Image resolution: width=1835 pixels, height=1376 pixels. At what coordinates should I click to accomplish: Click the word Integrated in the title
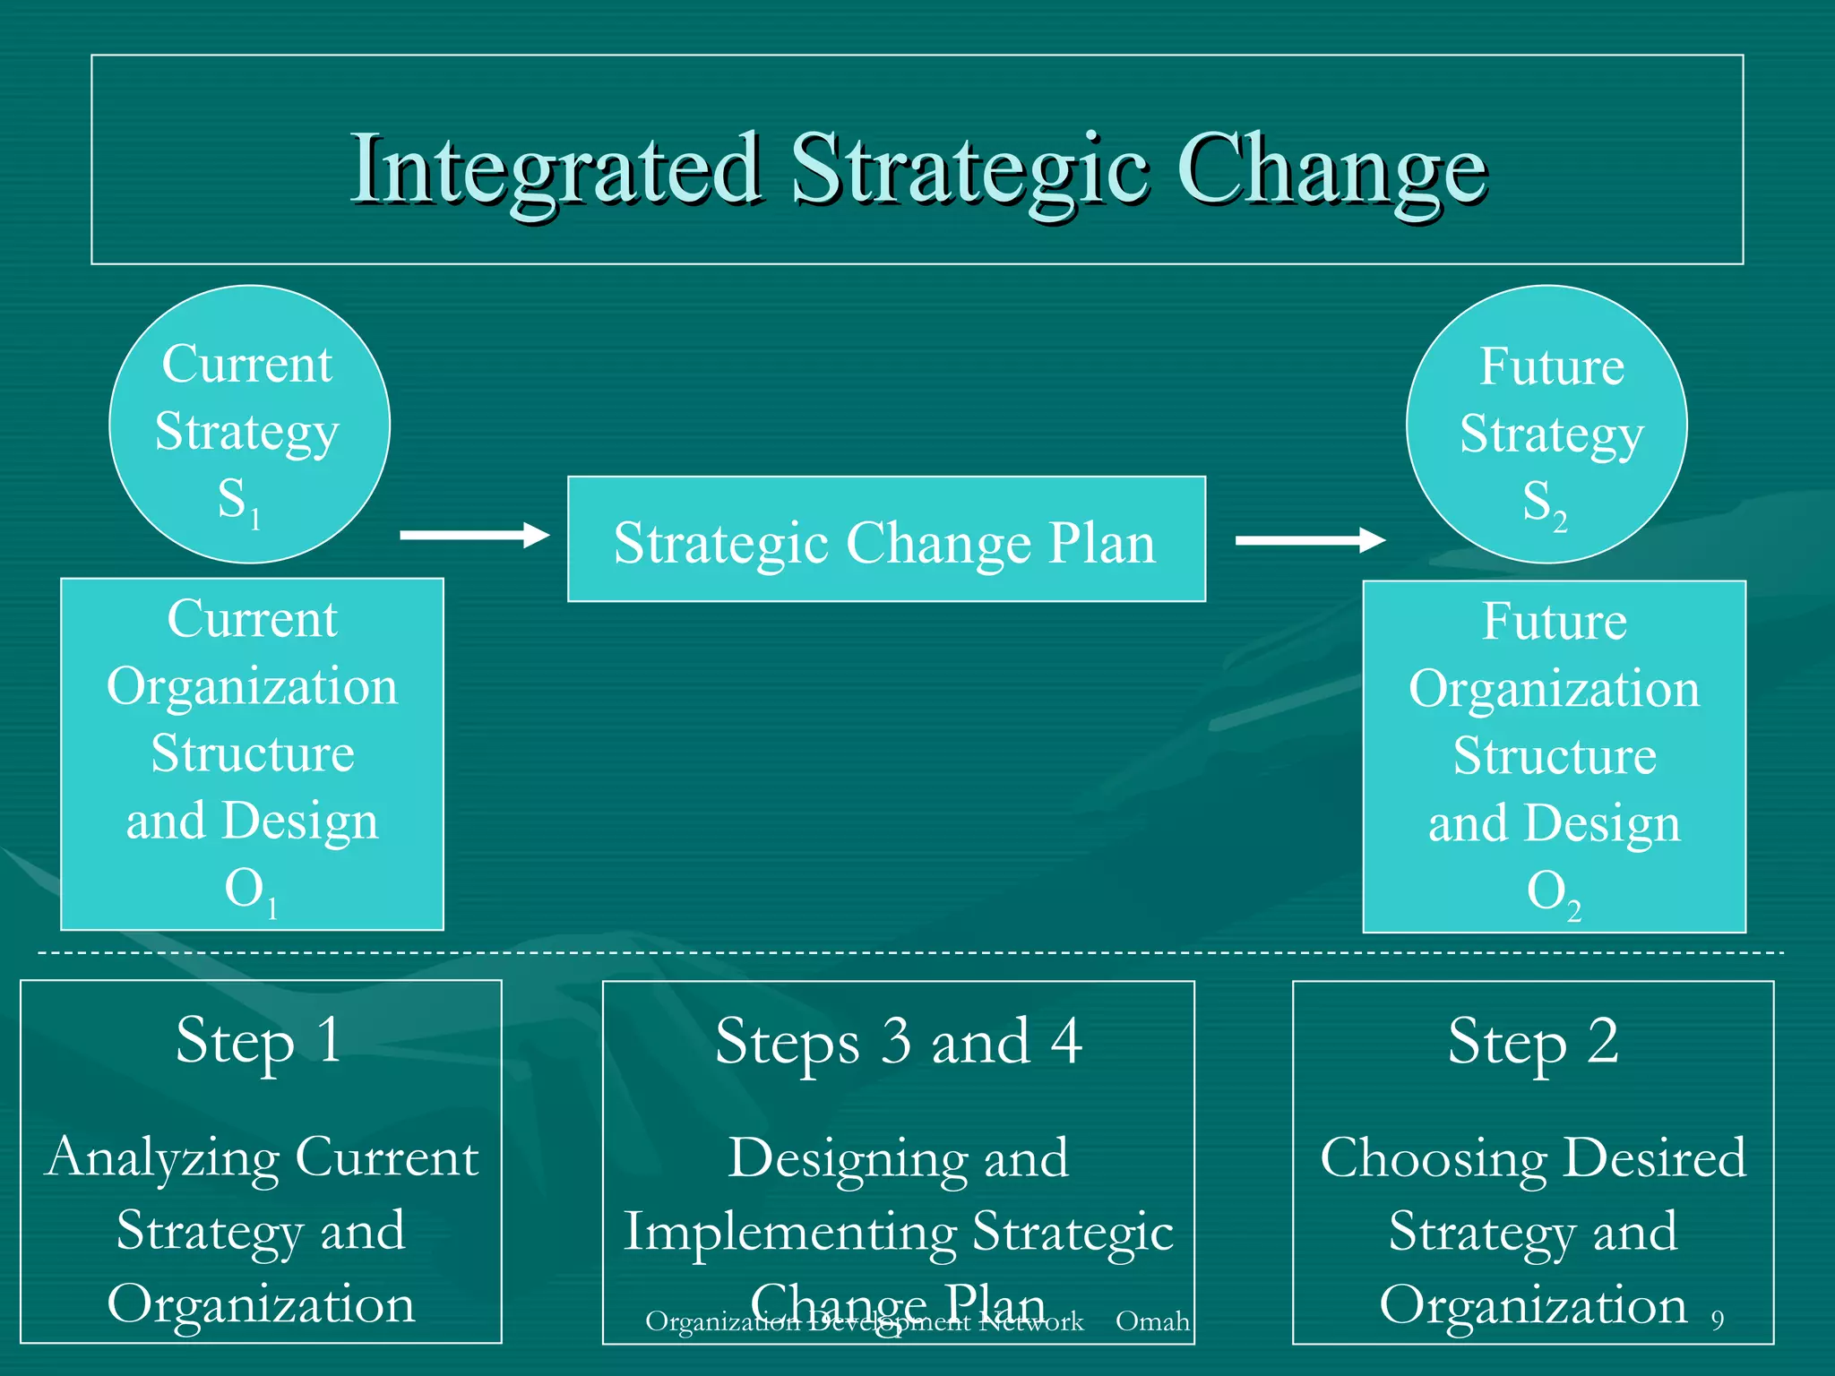tap(556, 168)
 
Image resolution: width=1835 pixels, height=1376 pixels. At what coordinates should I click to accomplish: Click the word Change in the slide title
tap(1331, 168)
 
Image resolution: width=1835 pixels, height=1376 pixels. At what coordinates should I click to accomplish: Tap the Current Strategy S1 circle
tap(249, 424)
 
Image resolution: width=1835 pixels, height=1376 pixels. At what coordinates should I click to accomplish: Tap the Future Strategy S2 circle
tap(1546, 424)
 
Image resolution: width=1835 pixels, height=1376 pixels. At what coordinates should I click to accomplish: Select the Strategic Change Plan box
tap(886, 539)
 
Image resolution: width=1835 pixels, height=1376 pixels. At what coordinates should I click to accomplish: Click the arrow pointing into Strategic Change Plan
tap(474, 535)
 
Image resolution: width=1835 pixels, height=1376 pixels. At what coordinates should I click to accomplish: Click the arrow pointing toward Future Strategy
tap(1310, 539)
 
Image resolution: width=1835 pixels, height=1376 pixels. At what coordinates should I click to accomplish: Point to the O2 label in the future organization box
tap(1553, 894)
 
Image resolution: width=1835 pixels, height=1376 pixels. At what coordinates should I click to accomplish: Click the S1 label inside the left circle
tap(238, 502)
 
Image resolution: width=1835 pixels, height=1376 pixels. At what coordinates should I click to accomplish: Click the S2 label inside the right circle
tap(1544, 504)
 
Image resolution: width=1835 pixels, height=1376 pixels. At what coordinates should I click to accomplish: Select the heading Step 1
tap(258, 1041)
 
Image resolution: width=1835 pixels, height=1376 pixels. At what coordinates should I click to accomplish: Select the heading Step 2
tap(1533, 1043)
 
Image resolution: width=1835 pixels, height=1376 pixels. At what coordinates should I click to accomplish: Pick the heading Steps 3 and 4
tap(898, 1043)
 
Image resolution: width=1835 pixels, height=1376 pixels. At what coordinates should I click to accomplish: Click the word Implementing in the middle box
tap(790, 1233)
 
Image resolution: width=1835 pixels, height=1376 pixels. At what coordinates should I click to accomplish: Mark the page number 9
tap(1717, 1320)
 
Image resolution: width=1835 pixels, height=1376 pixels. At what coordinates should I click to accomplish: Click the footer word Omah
tap(1152, 1320)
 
